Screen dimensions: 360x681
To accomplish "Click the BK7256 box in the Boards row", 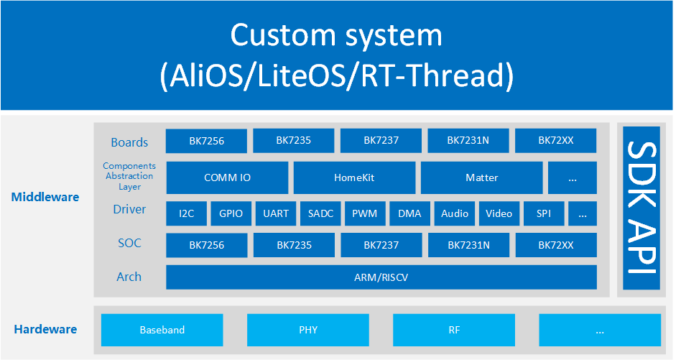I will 206,141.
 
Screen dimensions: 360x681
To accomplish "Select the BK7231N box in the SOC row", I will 468,245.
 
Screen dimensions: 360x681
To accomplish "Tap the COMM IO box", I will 227,177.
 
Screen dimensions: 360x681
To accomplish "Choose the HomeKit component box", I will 354,177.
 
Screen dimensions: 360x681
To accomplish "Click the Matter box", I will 481,177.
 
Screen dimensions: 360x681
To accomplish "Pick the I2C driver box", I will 186,213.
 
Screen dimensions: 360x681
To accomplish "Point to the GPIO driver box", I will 231,213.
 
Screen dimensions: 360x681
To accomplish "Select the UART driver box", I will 275,213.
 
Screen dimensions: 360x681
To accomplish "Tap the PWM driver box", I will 365,213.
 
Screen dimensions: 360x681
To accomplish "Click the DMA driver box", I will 409,213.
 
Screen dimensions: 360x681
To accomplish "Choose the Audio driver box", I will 455,213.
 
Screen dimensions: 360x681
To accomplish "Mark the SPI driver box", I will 543,213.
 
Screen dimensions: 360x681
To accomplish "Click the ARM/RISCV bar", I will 381,277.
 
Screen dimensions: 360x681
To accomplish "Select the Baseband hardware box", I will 162,331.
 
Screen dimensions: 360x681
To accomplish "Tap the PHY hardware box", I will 307,331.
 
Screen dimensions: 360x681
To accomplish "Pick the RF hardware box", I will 453,331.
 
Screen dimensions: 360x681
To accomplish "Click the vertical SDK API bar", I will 641,208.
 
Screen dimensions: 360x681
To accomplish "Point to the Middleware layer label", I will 45,197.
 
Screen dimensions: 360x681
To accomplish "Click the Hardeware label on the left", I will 45,330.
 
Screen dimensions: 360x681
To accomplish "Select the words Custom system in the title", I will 336,34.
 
